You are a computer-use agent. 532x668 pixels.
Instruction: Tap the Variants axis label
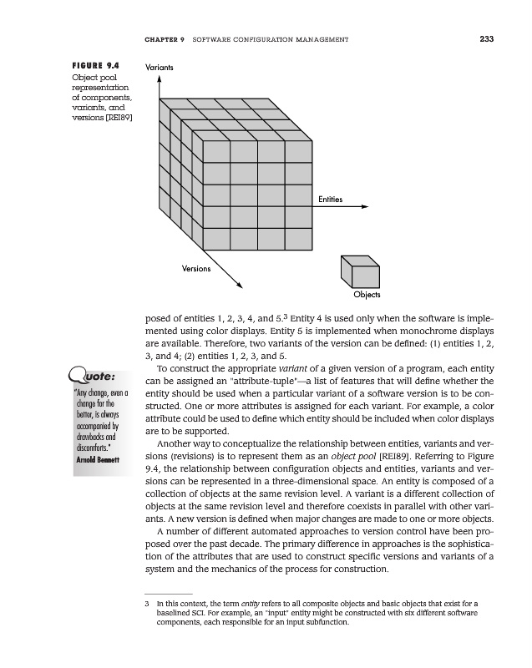[x=160, y=65]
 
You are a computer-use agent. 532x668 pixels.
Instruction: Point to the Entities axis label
[x=332, y=199]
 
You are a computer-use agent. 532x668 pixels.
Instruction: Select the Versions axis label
[x=196, y=269]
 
